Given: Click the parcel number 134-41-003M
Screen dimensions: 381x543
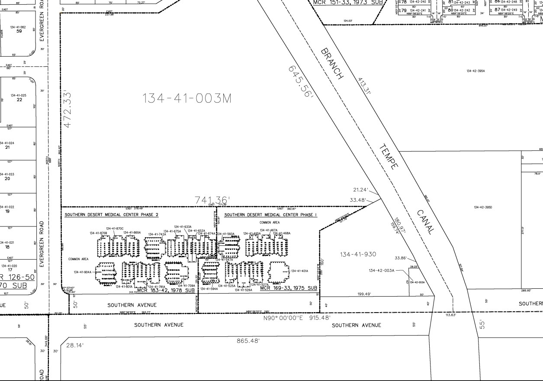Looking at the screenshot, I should pyautogui.click(x=187, y=99).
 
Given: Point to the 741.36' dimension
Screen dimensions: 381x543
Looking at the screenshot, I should pyautogui.click(x=212, y=200).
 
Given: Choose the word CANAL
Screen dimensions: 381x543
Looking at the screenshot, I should pyautogui.click(x=425, y=222).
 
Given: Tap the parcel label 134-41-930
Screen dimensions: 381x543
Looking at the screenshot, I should pyautogui.click(x=358, y=254).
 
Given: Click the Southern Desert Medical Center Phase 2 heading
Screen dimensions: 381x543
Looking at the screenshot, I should pyautogui.click(x=112, y=215).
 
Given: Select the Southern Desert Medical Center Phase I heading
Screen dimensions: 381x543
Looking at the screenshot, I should pyautogui.click(x=270, y=215).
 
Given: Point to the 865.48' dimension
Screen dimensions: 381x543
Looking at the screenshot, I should pyautogui.click(x=248, y=341).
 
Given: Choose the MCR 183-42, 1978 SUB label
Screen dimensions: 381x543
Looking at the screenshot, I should pyautogui.click(x=166, y=291).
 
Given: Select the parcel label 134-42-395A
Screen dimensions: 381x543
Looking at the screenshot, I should pyautogui.click(x=476, y=71).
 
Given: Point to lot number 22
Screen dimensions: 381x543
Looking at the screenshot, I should pyautogui.click(x=19, y=100).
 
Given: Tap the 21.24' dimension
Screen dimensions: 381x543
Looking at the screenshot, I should pyautogui.click(x=360, y=190).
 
